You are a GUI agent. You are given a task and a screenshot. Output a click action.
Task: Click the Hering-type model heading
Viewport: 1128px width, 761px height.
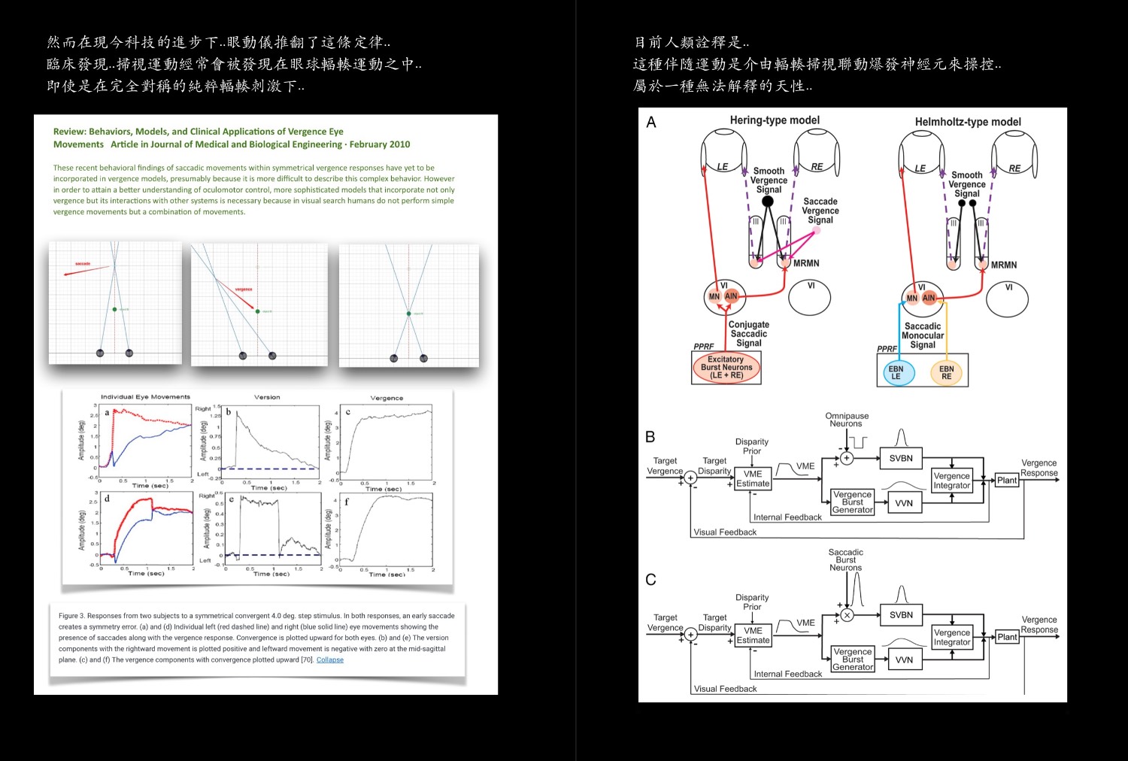[775, 120]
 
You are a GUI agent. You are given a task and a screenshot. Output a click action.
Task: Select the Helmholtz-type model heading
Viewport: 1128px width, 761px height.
[968, 122]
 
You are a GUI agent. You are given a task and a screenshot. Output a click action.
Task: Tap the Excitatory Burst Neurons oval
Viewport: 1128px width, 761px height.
[726, 368]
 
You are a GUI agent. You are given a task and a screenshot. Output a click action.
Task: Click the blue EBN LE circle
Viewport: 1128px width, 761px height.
[896, 373]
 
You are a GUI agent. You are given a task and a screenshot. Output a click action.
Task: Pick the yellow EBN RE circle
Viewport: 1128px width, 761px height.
[946, 373]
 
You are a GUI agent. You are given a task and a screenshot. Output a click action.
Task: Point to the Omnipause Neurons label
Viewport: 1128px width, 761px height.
[847, 420]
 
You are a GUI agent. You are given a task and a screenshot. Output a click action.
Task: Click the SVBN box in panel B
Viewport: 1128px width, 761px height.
[901, 458]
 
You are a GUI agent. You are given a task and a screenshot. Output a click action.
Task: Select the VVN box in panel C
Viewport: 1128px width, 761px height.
[904, 660]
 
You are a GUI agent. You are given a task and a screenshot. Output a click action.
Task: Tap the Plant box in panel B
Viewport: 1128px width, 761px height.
[1007, 481]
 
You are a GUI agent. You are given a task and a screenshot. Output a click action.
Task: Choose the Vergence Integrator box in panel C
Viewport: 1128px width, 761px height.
[952, 637]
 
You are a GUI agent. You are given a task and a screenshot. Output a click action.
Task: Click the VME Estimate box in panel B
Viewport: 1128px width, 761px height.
[753, 479]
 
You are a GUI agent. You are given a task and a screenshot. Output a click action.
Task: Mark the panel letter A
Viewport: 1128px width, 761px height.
[651, 123]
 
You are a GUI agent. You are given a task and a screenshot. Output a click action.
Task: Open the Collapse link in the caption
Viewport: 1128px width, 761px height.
[330, 660]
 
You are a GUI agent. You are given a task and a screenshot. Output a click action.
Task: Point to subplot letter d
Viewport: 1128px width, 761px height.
[107, 498]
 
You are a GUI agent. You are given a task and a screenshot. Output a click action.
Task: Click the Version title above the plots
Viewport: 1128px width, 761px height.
[267, 397]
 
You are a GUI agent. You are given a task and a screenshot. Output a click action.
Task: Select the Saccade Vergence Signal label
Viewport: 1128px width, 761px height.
[820, 211]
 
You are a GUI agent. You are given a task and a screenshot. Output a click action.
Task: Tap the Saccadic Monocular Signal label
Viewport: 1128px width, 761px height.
[923, 335]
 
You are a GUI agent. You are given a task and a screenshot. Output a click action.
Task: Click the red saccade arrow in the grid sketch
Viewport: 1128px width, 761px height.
[86, 269]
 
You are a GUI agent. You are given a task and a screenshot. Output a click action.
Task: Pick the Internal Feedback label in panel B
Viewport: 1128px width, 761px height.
[787, 517]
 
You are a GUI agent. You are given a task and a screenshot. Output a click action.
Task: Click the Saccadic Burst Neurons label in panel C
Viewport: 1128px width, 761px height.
[846, 560]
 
